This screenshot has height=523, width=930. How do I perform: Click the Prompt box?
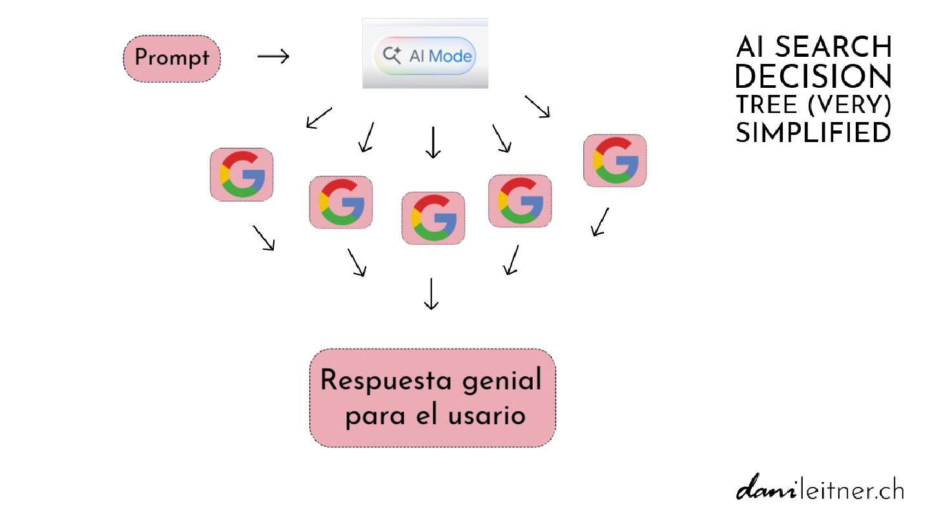pos(171,58)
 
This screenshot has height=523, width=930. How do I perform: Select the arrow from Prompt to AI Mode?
pos(273,57)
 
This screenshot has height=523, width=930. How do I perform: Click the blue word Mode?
pos(450,56)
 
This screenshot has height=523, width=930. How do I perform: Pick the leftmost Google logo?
pos(242,174)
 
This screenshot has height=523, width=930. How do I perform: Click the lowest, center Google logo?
pos(433,218)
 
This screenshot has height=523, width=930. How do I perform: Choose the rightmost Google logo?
pos(614,161)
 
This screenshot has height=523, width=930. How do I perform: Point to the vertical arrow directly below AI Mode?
pos(433,142)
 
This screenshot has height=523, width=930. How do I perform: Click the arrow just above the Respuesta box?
pos(431,294)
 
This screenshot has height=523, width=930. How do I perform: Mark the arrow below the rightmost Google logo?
pos(600,221)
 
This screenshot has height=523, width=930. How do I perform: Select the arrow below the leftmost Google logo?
pos(263,238)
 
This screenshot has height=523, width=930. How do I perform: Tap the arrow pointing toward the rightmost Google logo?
pos(537,107)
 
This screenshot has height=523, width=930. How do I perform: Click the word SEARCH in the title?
pos(833,47)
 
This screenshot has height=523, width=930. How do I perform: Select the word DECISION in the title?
pos(813,76)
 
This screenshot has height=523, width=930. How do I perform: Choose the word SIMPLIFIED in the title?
pos(813,132)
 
